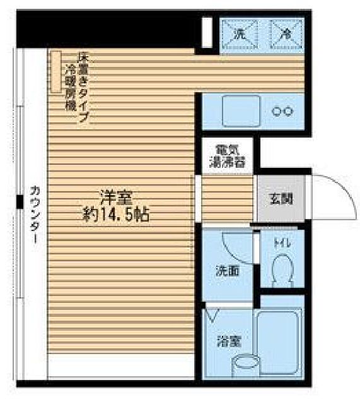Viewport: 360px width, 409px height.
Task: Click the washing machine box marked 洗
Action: coord(239,33)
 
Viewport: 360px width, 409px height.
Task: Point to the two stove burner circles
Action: coord(282,112)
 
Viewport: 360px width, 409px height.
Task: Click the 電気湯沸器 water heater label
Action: coord(228,157)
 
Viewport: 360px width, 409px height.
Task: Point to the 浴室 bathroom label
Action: coord(228,341)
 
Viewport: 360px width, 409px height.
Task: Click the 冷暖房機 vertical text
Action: coord(70,86)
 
